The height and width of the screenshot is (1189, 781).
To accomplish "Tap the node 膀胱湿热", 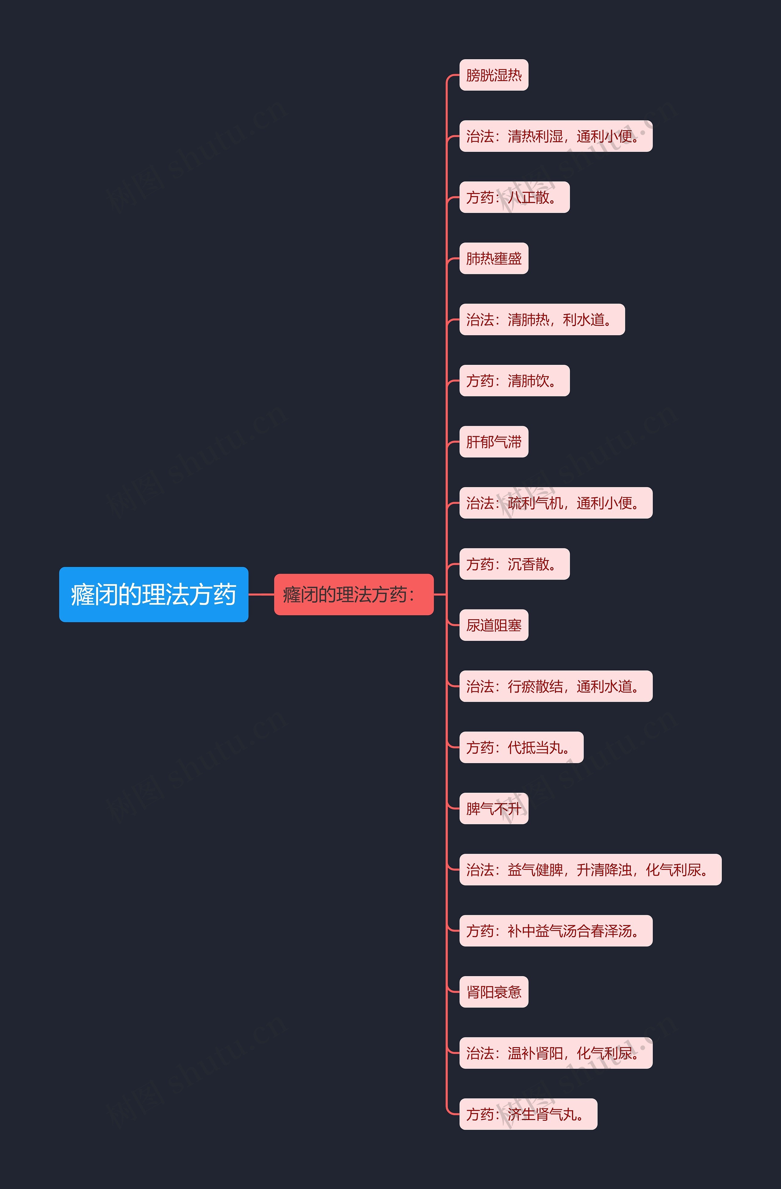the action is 493,75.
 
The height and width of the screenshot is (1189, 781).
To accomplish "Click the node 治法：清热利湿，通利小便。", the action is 555,136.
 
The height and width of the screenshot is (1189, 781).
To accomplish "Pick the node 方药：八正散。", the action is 514,197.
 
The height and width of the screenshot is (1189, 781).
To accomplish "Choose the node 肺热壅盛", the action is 493,258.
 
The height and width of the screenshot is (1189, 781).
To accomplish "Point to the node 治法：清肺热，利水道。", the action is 542,319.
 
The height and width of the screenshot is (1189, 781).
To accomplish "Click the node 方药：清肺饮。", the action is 514,381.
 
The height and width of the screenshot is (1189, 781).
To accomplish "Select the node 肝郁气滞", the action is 493,442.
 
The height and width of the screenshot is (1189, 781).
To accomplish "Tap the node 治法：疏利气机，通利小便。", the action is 555,503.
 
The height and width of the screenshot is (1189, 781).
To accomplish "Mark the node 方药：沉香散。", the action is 514,564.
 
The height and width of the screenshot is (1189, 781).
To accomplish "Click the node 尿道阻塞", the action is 493,625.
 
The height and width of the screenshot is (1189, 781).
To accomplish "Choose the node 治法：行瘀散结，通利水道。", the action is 555,686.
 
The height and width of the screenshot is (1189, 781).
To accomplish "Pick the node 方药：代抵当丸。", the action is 521,747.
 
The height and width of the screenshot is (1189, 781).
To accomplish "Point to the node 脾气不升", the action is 493,808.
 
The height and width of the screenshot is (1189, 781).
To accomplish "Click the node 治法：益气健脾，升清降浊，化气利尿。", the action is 590,870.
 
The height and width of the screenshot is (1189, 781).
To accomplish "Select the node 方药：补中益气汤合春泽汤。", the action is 555,931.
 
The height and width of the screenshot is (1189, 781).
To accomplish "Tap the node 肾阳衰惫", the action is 493,992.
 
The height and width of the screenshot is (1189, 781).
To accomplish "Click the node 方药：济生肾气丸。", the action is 528,1114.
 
